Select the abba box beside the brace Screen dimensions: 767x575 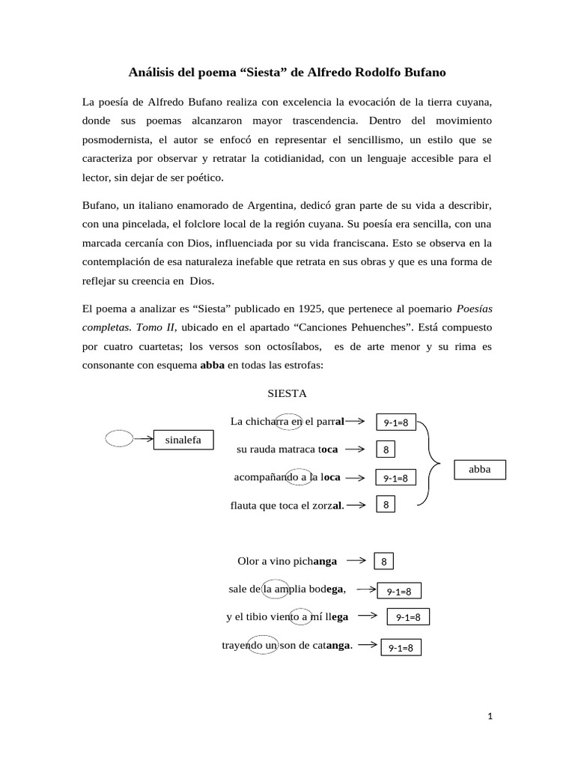[479, 470]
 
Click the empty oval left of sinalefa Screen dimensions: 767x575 [119, 438]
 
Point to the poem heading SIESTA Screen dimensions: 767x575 [287, 393]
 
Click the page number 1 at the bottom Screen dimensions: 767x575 [490, 716]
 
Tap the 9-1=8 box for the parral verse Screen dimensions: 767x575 [395, 422]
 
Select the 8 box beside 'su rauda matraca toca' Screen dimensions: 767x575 [386, 449]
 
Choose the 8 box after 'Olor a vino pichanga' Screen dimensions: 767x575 [383, 561]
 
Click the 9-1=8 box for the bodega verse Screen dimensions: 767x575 [399, 591]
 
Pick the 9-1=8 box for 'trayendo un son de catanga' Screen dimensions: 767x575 [401, 647]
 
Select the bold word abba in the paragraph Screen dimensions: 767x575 [212, 365]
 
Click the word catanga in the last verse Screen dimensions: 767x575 [332, 645]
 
